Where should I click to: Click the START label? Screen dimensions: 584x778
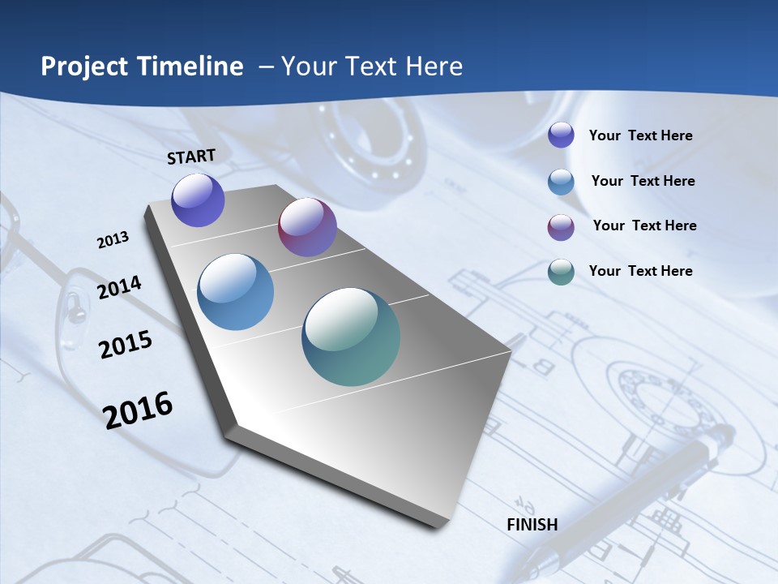(x=191, y=157)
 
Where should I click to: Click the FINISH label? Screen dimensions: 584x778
(x=532, y=525)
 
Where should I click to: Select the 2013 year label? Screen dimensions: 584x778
(x=113, y=240)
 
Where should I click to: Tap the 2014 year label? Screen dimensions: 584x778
(x=119, y=288)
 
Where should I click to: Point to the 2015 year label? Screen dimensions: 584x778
(x=126, y=345)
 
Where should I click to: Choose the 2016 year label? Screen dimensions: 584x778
(x=138, y=410)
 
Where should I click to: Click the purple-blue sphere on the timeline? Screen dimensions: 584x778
(x=198, y=200)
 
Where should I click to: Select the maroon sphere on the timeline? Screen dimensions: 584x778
(x=307, y=227)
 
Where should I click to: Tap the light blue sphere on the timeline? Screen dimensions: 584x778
(x=235, y=292)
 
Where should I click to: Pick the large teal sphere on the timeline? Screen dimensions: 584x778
(x=351, y=337)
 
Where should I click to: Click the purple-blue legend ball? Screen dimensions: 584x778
(x=561, y=135)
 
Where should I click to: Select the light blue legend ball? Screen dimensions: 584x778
(x=561, y=182)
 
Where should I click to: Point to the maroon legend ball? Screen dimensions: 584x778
(x=561, y=227)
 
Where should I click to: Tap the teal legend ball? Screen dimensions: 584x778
(x=561, y=272)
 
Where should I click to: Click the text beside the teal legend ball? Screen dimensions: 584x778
(x=640, y=271)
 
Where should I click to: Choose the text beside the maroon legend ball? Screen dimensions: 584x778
(x=644, y=225)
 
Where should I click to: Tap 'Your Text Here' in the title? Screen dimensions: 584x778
(x=372, y=67)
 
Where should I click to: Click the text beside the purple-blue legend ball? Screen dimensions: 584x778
(x=640, y=135)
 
